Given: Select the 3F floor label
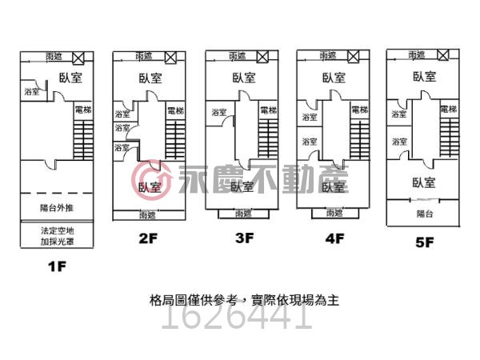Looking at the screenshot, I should [x=244, y=238].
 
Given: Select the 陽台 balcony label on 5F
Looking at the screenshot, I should [x=425, y=214].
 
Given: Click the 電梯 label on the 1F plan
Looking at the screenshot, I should [x=82, y=109].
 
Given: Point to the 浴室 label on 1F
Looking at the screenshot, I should [x=33, y=92].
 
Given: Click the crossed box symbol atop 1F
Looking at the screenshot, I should [x=78, y=58].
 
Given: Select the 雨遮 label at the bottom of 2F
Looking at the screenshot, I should [x=146, y=214].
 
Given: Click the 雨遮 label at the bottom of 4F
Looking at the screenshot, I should [x=334, y=213].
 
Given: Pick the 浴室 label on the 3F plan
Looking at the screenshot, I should [x=219, y=113].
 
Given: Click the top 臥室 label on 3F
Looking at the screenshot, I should [x=244, y=78].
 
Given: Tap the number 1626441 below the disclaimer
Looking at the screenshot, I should [x=236, y=319].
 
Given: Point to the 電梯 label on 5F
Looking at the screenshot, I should [x=448, y=109].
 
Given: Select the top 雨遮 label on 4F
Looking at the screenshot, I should [x=327, y=56].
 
